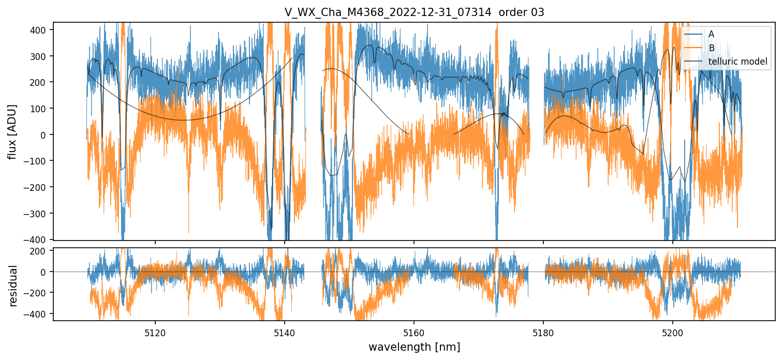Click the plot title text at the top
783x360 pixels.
click(414, 12)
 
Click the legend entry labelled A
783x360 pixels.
click(711, 34)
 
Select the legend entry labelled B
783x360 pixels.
click(711, 48)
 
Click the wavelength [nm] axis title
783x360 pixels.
click(414, 347)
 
